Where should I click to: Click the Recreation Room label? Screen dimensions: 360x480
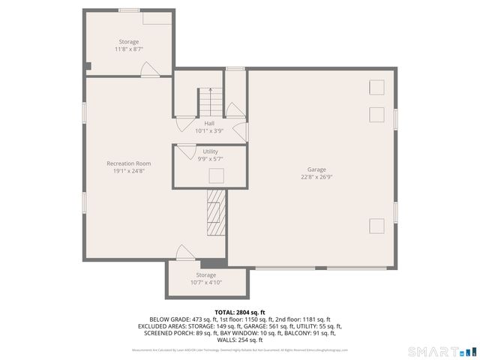pyautogui.click(x=129, y=163)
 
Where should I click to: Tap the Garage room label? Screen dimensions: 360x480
pyautogui.click(x=316, y=169)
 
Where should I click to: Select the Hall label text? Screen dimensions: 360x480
pyautogui.click(x=209, y=123)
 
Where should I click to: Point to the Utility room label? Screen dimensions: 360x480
pyautogui.click(x=210, y=151)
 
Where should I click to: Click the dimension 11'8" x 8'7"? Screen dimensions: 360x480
pyautogui.click(x=129, y=49)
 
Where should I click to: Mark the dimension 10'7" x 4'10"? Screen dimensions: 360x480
pyautogui.click(x=205, y=283)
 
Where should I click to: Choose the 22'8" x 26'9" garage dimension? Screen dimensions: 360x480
pyautogui.click(x=316, y=177)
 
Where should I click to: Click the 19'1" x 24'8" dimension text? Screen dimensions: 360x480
pyautogui.click(x=129, y=172)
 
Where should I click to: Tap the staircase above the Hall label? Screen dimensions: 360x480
pyautogui.click(x=211, y=101)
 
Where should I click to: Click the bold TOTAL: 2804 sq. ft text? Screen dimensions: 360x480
pyautogui.click(x=240, y=312)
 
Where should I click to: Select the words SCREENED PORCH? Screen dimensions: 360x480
pyautogui.click(x=160, y=334)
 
